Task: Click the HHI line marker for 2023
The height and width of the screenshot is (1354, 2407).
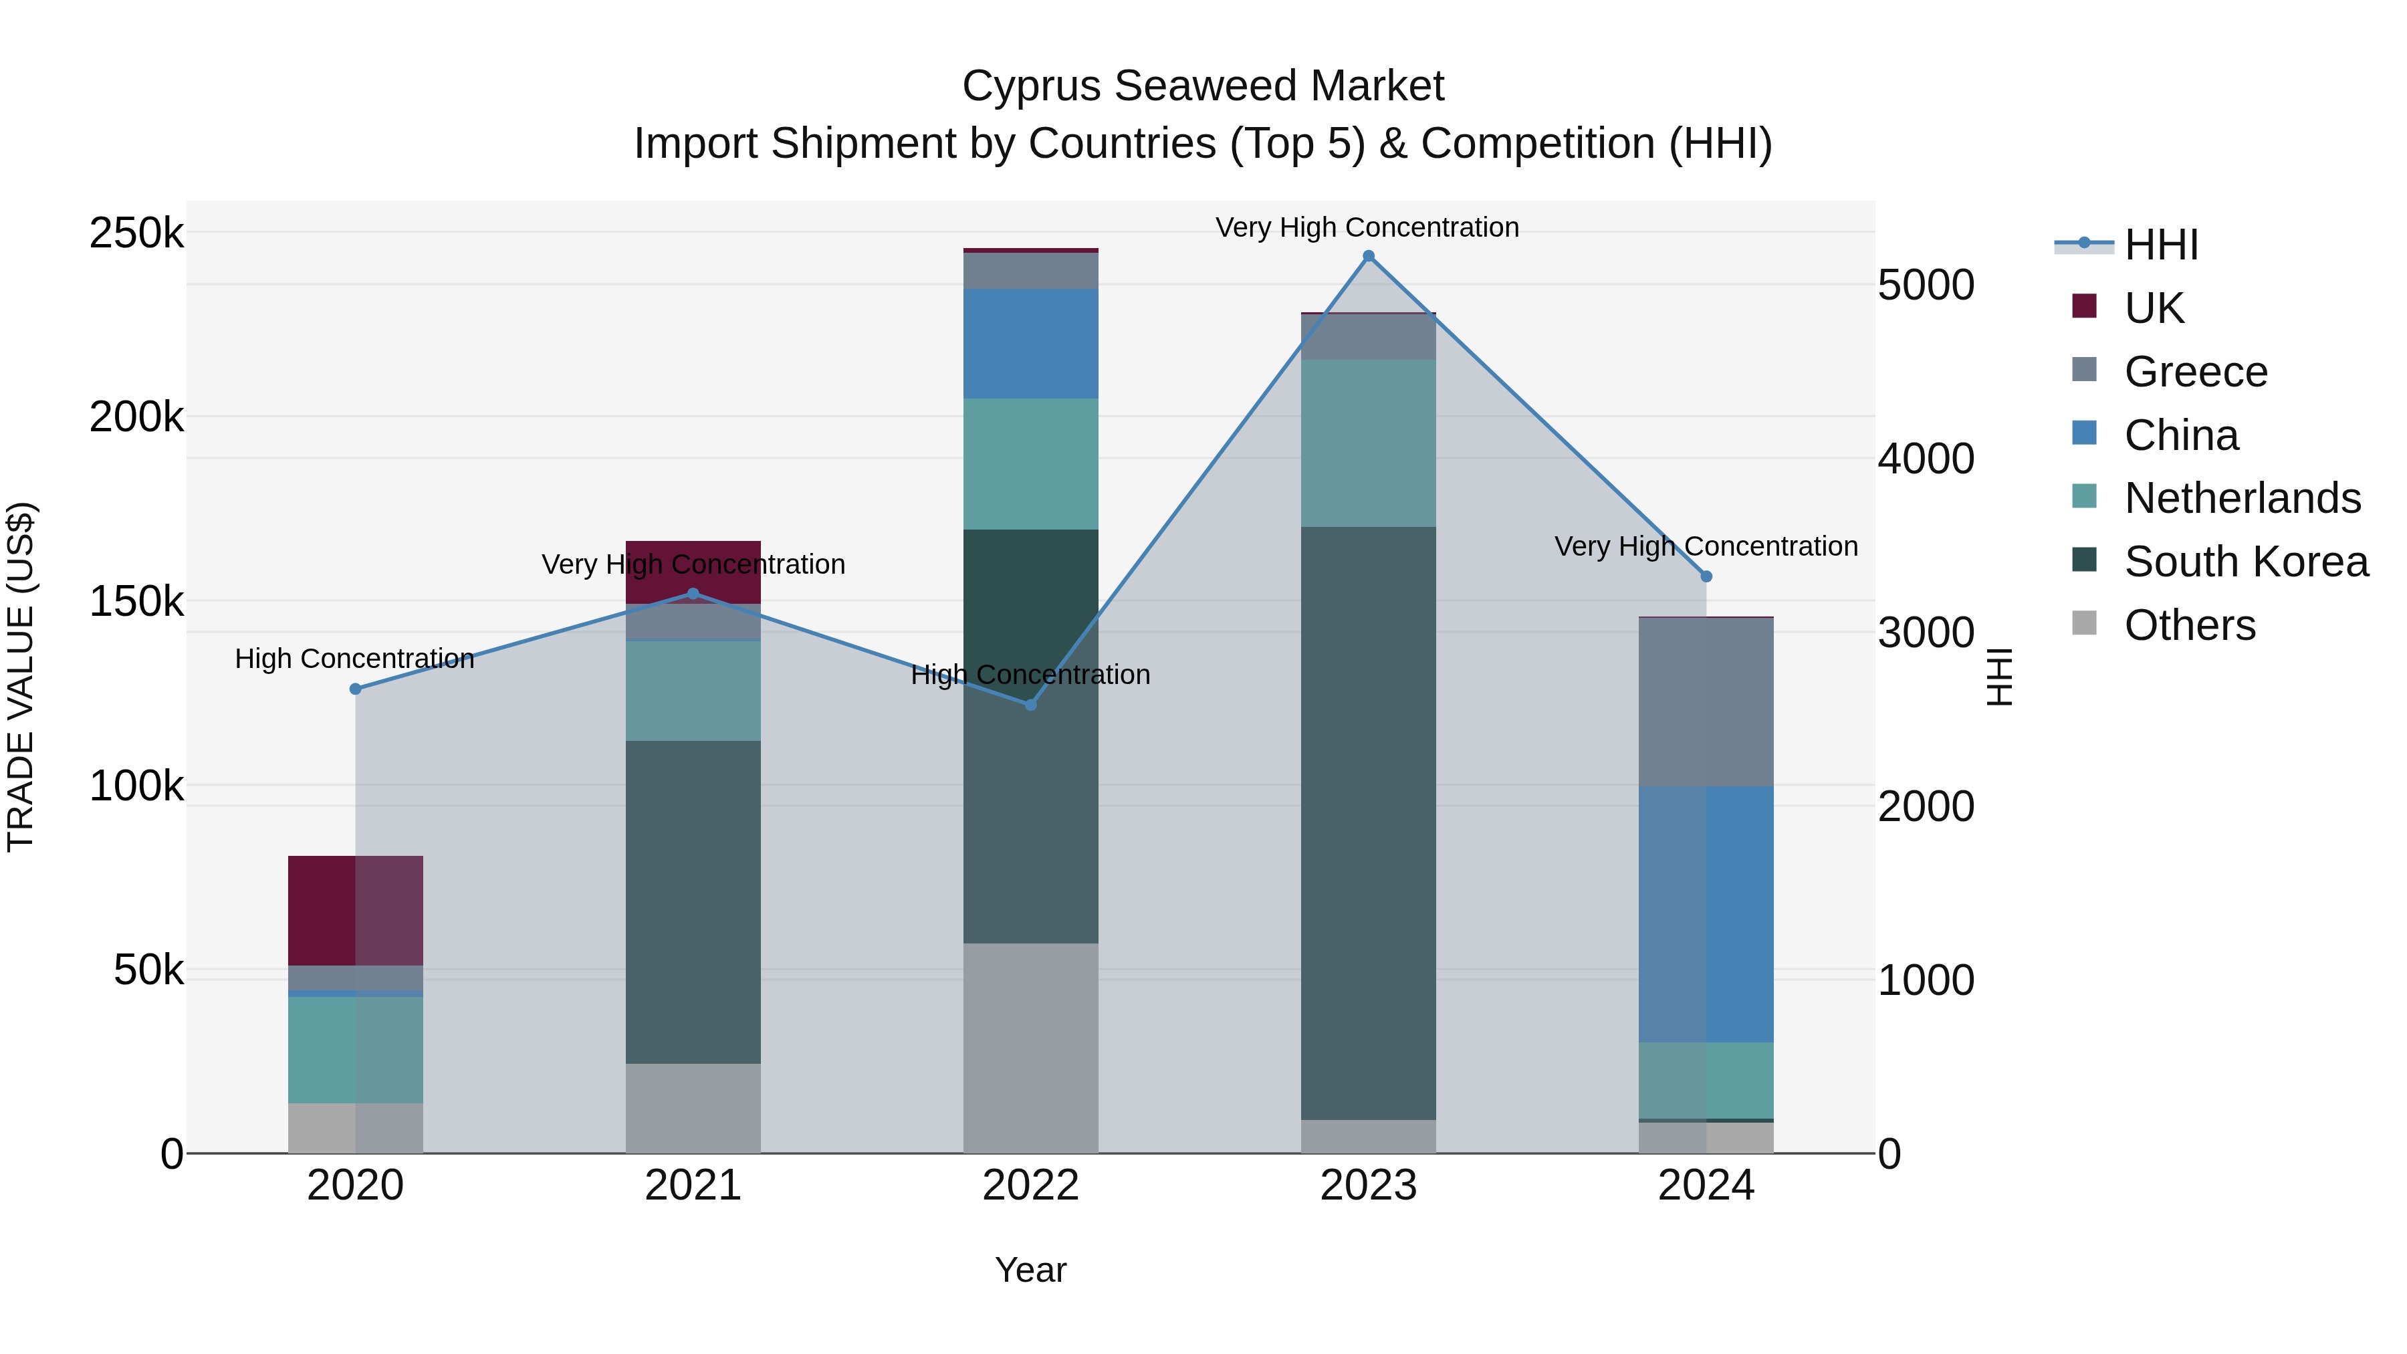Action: [1368, 256]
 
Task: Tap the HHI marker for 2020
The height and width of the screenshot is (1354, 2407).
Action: [355, 689]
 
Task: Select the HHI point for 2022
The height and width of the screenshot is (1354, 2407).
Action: [1030, 705]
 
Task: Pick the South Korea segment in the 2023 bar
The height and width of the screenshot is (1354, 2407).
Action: [1368, 822]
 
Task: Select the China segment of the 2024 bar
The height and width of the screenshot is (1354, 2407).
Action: [1706, 914]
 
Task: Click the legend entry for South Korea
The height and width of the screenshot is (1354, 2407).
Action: [2245, 562]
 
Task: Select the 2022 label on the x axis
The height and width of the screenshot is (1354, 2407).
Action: [1030, 1186]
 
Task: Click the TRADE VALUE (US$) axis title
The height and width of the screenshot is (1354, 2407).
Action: [21, 677]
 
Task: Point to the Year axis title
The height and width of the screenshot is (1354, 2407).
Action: [1030, 1270]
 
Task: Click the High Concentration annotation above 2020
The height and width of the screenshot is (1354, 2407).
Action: [354, 659]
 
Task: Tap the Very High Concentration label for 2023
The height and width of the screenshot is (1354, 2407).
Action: [1367, 227]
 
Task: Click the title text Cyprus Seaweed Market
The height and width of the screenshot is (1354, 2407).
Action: [1203, 86]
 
